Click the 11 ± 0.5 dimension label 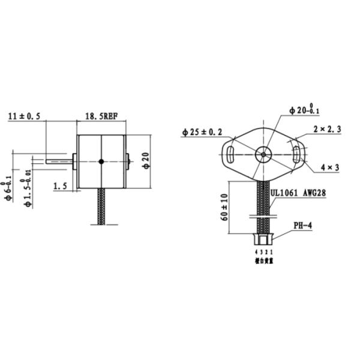[25, 117]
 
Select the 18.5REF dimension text [100, 116]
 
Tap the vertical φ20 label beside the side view [146, 161]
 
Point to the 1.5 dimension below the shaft [60, 187]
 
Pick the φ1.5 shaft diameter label [26, 193]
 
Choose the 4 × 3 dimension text [330, 167]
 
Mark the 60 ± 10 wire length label [224, 208]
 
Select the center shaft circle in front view [263, 154]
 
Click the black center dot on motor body [101, 161]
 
